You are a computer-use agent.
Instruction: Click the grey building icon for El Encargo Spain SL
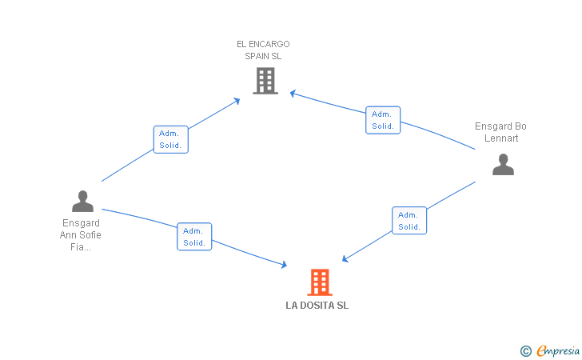click(265, 81)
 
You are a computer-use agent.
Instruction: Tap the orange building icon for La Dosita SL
click(319, 282)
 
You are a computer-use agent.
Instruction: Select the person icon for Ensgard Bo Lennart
click(503, 165)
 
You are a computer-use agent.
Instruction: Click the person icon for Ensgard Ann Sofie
click(82, 202)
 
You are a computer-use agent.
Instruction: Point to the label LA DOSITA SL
click(317, 306)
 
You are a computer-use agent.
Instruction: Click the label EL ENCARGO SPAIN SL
click(263, 50)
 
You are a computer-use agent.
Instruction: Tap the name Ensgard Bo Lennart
click(501, 132)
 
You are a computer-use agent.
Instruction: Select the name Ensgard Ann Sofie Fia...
click(81, 234)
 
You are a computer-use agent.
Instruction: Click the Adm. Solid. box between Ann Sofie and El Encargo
click(170, 139)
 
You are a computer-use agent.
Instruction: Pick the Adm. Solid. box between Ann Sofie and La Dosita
click(194, 237)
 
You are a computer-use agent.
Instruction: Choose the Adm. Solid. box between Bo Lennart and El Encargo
click(383, 120)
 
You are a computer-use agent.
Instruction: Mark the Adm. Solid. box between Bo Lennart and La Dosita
click(409, 221)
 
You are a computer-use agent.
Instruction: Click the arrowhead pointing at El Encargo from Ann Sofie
click(237, 100)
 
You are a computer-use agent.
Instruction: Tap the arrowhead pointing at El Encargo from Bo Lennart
click(293, 94)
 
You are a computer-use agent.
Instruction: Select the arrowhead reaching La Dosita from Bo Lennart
click(345, 258)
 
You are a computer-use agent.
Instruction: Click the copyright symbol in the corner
click(525, 350)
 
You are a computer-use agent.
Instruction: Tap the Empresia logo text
click(558, 350)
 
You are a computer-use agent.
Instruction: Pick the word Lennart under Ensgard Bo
click(501, 138)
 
